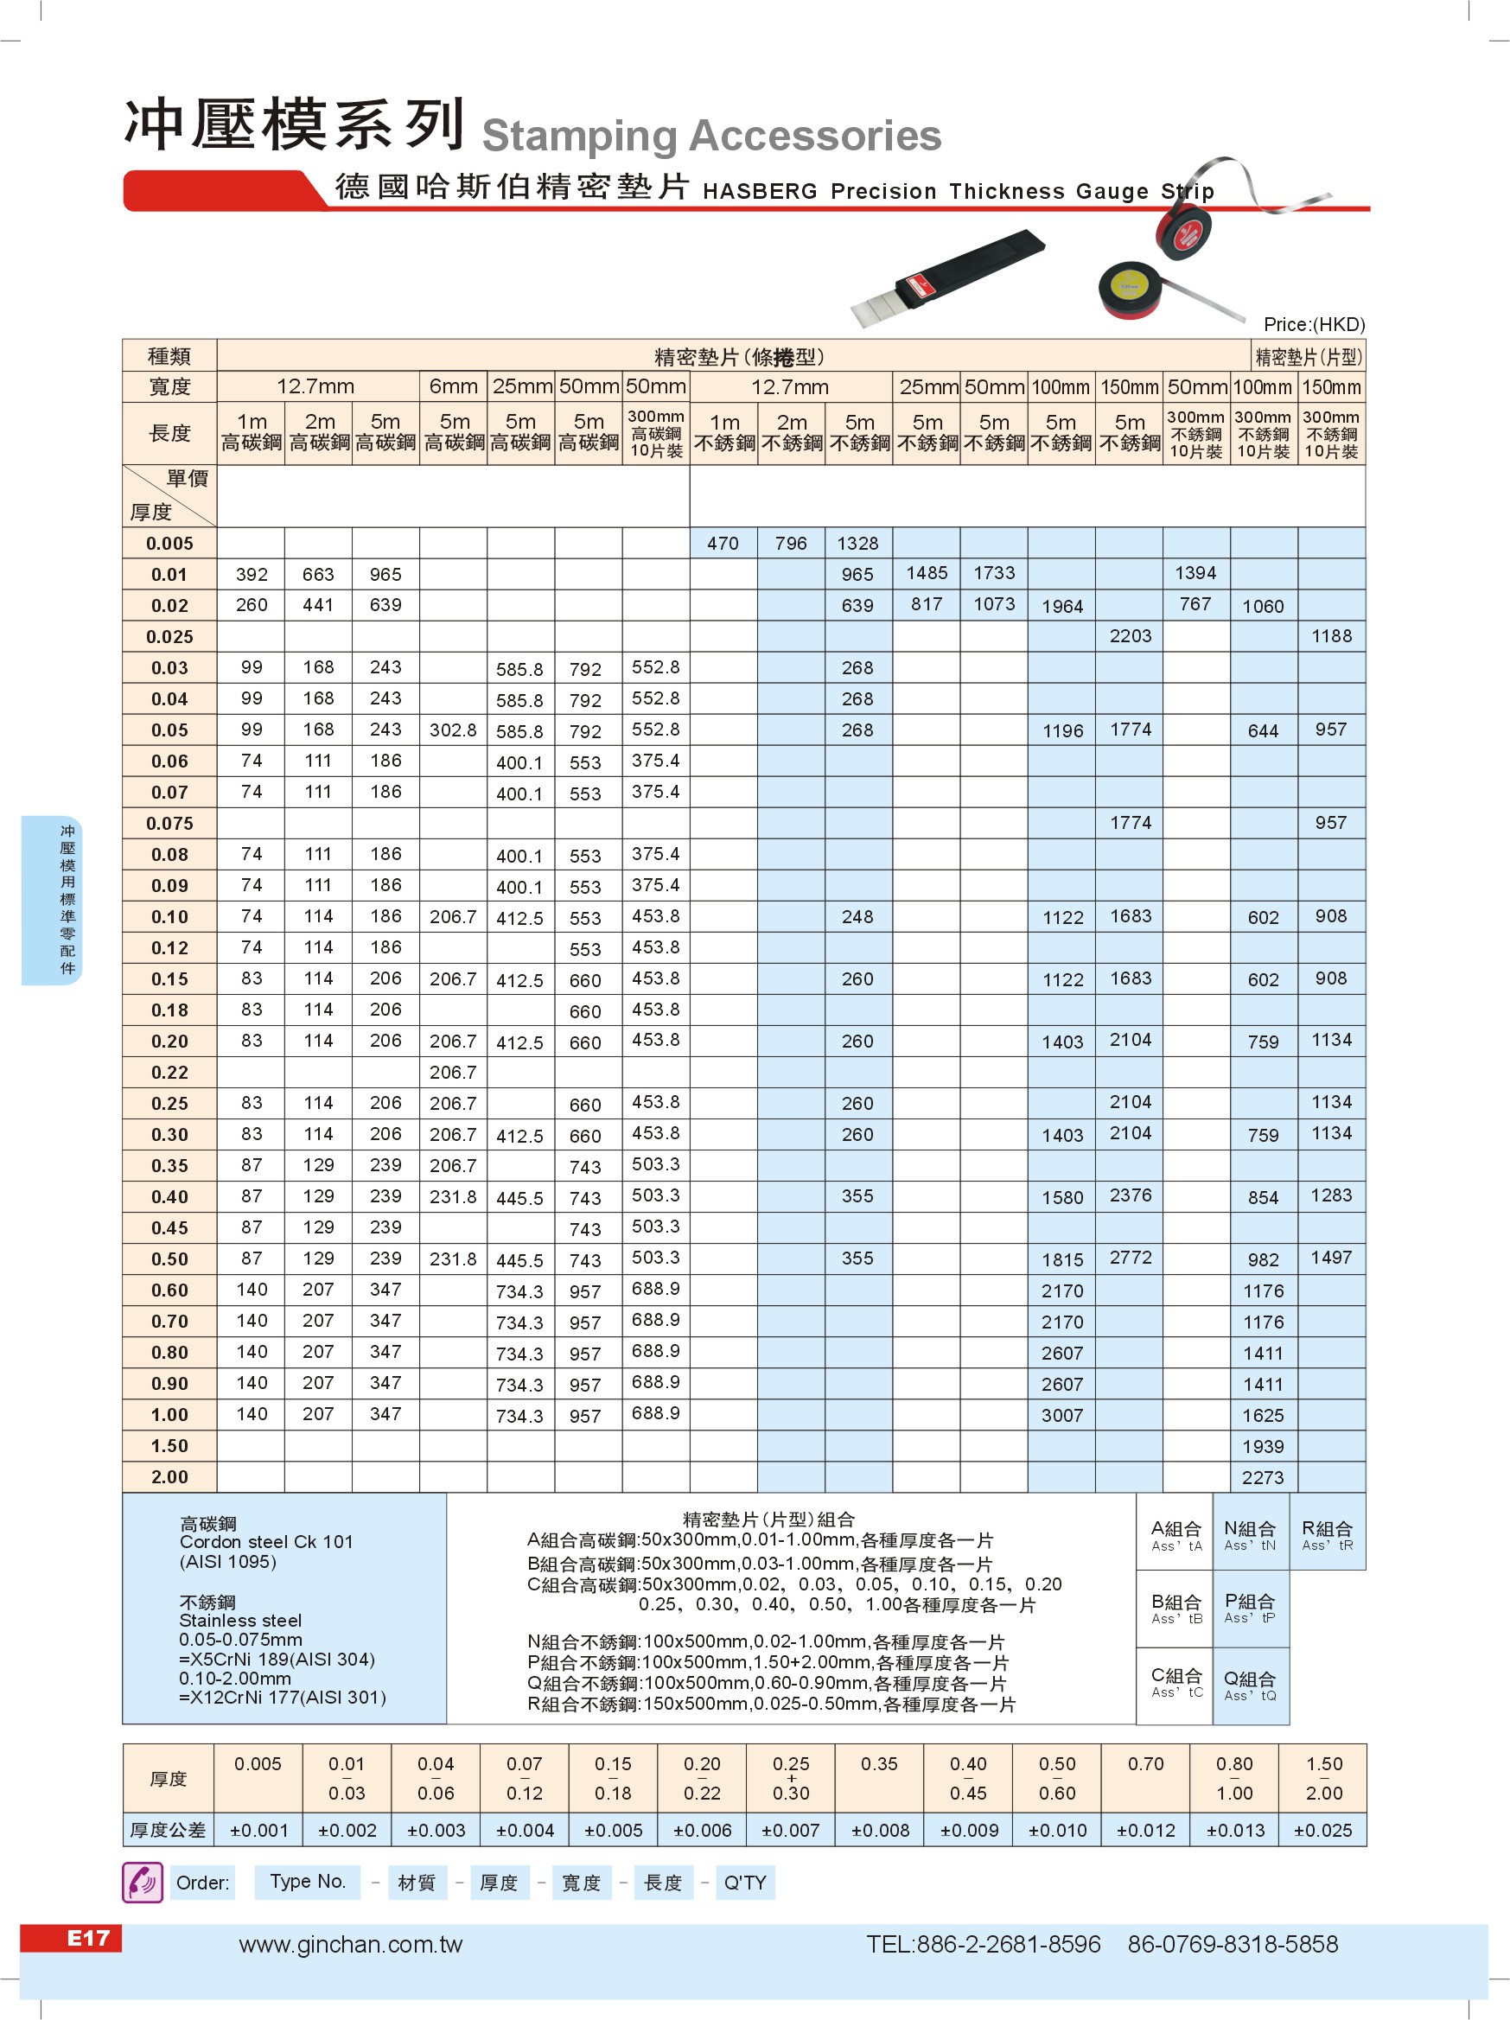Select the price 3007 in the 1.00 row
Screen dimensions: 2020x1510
(x=1061, y=1416)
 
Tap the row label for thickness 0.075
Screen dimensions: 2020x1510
(x=169, y=824)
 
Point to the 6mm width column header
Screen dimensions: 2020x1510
(x=454, y=386)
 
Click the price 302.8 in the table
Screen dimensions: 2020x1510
(x=453, y=730)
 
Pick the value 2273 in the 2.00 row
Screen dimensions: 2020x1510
(x=1263, y=1477)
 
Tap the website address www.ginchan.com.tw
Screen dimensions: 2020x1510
(x=351, y=1944)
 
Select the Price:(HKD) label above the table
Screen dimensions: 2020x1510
(x=1314, y=324)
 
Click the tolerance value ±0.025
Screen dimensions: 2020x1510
(x=1322, y=1830)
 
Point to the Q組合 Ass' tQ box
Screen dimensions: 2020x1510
(x=1250, y=1685)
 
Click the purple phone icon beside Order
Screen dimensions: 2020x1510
(x=143, y=1882)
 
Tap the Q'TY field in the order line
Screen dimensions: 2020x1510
(x=745, y=1882)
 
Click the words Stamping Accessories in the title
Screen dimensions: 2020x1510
(x=711, y=136)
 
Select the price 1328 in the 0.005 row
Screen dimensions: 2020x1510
(x=857, y=544)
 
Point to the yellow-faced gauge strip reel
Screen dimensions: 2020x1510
(x=1131, y=290)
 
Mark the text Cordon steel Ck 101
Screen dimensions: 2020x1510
(x=265, y=1541)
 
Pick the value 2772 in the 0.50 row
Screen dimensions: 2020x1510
(x=1131, y=1258)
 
